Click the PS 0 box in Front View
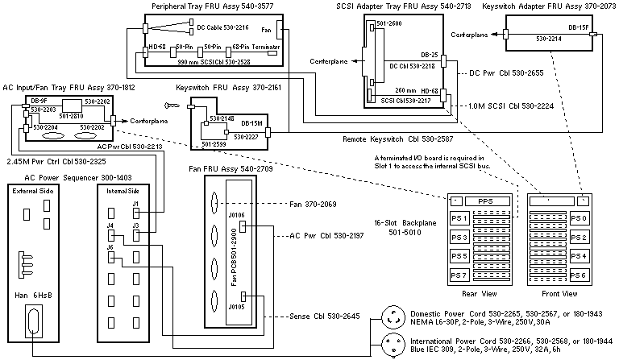coord(580,218)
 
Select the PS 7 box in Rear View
coord(460,275)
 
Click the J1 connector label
coord(135,204)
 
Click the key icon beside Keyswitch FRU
coord(169,104)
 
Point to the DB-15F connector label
coord(577,27)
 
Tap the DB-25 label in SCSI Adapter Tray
coord(430,55)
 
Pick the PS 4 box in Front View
coord(580,256)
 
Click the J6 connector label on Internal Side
coord(110,247)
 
